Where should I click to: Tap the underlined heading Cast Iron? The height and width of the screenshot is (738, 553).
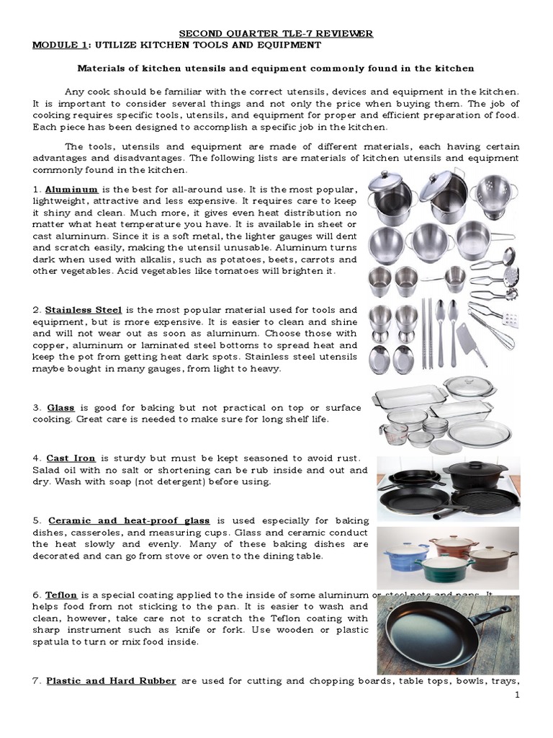71,458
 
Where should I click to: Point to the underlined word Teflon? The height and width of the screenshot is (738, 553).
62,595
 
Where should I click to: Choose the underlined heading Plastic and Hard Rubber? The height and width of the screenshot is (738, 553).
111,680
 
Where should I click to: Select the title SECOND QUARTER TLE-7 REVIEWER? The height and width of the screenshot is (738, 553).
276,33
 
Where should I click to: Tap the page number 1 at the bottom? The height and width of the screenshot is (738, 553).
517,695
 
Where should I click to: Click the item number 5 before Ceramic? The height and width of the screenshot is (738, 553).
36,520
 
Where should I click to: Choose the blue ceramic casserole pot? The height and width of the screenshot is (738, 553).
407,559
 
